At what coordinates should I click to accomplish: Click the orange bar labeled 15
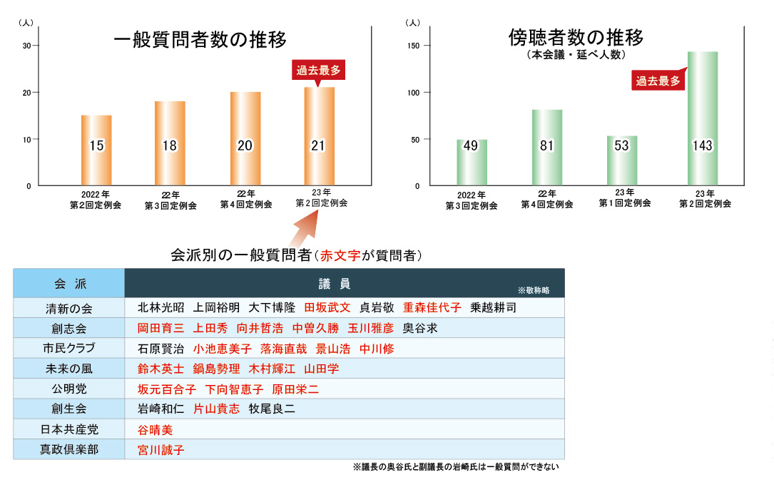point(96,150)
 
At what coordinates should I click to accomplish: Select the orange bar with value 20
point(245,138)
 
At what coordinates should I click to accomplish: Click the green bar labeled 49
point(472,162)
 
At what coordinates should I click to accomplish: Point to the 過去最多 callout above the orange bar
point(320,71)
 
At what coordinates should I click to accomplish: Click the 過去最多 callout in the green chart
point(658,81)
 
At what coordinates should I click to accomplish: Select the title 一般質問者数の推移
point(200,40)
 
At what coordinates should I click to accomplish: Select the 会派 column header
point(69,284)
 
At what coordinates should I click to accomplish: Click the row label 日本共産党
point(69,430)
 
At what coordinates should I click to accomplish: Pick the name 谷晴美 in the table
point(155,430)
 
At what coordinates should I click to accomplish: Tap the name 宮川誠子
point(161,450)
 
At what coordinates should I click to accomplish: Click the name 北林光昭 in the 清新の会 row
point(161,308)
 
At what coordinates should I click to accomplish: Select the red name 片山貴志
point(217,409)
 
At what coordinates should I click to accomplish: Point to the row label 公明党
point(69,389)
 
